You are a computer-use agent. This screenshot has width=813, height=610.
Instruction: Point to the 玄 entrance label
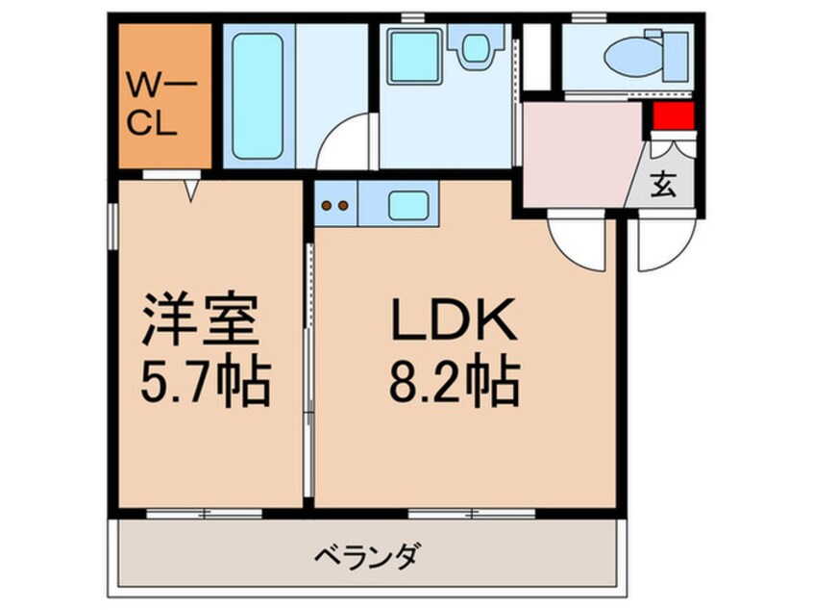click(x=664, y=184)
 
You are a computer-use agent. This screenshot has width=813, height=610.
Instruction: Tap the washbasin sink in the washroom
click(x=475, y=48)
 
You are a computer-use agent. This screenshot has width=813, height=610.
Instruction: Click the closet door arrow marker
click(x=190, y=191)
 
